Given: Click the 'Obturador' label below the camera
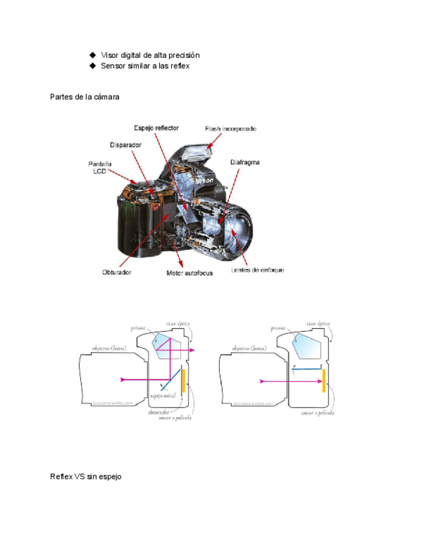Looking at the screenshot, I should tap(117, 272).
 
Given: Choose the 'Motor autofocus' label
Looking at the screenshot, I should tap(190, 272).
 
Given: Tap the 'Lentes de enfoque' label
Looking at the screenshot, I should tap(257, 270).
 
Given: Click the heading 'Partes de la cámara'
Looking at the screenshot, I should tap(85, 97).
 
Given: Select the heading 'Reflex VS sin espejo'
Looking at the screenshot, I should tap(86, 476).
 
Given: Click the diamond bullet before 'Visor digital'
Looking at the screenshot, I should tap(93, 55).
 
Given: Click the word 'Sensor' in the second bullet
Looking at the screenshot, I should tap(114, 66).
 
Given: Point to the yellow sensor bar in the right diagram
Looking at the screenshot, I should tap(324, 380).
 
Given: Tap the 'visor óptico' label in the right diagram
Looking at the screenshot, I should tap(318, 324).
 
